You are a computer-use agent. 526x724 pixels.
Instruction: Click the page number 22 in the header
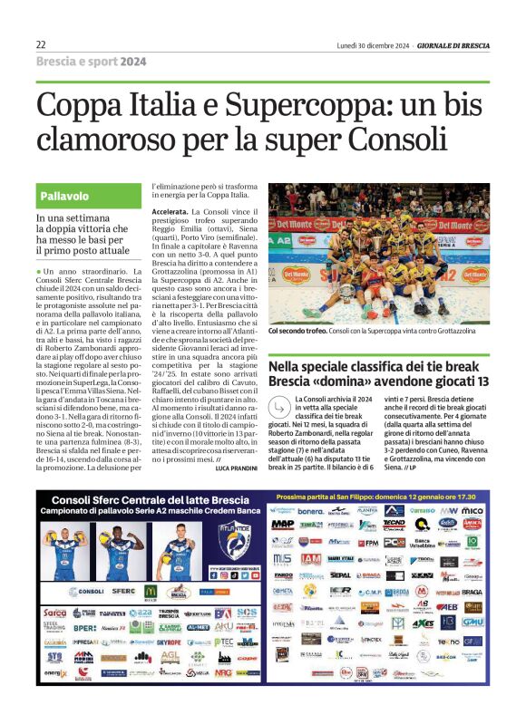41,44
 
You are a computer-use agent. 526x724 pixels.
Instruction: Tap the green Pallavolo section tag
63,196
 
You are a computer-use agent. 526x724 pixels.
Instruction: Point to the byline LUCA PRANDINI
238,468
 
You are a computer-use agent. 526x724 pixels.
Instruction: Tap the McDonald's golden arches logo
151,592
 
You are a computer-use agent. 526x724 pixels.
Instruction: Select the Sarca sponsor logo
55,613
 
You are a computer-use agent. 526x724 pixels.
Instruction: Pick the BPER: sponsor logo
85,628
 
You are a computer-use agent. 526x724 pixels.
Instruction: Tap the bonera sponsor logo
310,512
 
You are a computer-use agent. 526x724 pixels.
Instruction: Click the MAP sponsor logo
282,525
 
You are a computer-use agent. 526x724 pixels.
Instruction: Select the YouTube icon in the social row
230,574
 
